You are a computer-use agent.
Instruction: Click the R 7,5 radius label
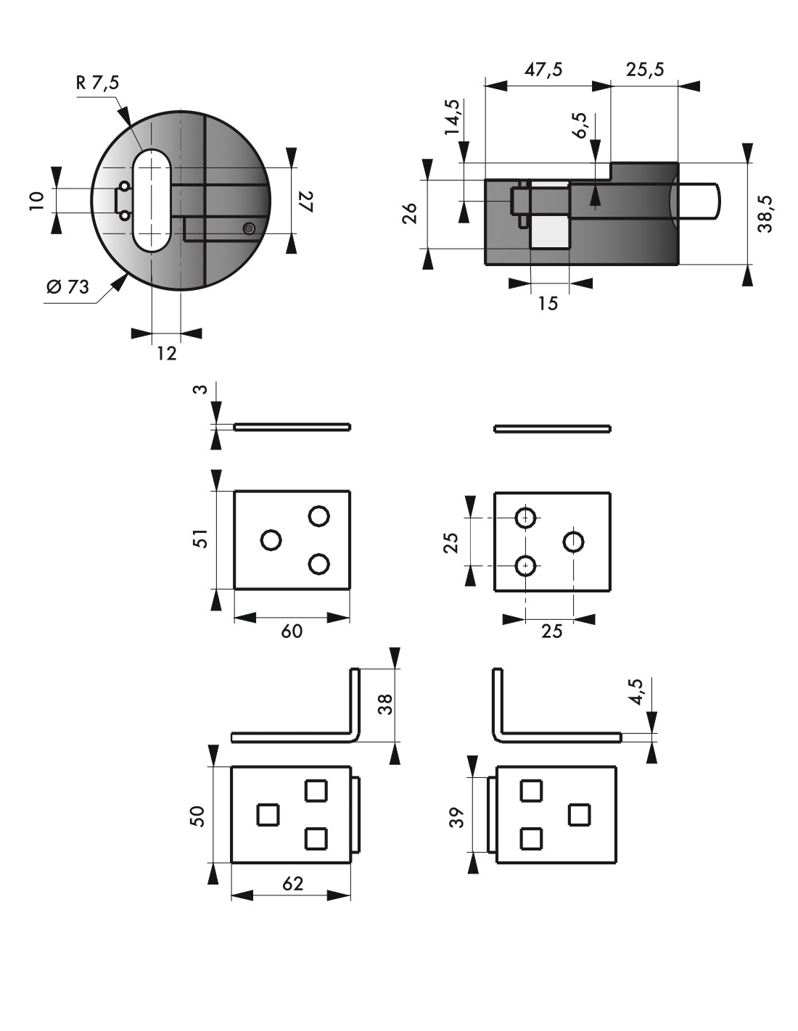[x=97, y=83]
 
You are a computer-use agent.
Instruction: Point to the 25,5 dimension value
[x=644, y=70]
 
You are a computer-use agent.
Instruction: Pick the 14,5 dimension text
[x=452, y=117]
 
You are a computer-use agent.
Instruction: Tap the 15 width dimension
[x=548, y=304]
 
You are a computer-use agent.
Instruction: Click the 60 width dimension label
[x=292, y=632]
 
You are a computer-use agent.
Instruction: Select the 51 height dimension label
[x=201, y=539]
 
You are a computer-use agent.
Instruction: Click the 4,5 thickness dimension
[x=636, y=692]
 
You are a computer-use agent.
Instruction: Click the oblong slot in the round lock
[x=152, y=200]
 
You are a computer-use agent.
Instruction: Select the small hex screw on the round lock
[x=250, y=229]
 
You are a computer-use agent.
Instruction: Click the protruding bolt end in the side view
[x=702, y=203]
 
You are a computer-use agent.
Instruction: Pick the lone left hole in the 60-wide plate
[x=271, y=540]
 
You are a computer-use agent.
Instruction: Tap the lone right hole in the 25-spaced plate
[x=574, y=541]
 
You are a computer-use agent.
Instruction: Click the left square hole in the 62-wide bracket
[x=267, y=815]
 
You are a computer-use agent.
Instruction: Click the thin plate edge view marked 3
[x=292, y=427]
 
